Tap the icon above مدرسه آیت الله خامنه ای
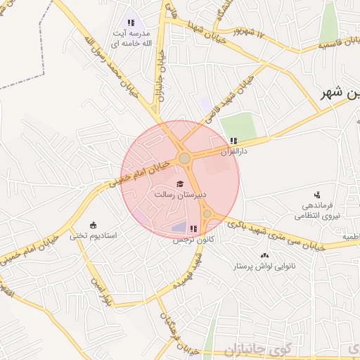pyautogui.click(x=131, y=23)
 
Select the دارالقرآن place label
pyautogui.click(x=236, y=151)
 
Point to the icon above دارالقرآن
pyautogui.click(x=233, y=141)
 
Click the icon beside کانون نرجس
pyautogui.click(x=193, y=229)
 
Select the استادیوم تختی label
pyautogui.click(x=97, y=236)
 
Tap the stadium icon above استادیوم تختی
pyautogui.click(x=94, y=225)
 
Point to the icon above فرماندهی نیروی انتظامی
pyautogui.click(x=317, y=194)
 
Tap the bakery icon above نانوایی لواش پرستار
pyautogui.click(x=264, y=256)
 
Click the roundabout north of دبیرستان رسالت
pyautogui.click(x=184, y=159)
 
